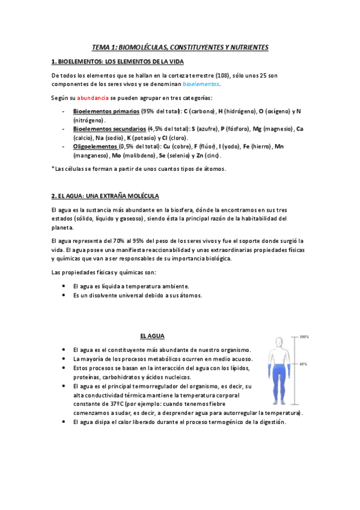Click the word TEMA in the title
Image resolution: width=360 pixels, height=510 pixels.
[100, 47]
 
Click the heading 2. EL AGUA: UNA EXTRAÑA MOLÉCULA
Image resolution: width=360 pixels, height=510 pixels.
[106, 196]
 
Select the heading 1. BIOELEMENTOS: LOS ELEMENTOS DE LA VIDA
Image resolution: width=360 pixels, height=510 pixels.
[118, 61]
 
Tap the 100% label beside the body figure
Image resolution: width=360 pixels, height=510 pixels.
[304, 337]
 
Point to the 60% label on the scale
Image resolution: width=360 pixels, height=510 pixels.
[304, 364]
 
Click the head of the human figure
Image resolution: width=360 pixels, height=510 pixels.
[278, 342]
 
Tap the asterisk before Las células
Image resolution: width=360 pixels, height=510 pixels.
[53, 168]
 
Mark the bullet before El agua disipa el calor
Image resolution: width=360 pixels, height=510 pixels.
[64, 422]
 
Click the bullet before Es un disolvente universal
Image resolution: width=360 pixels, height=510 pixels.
[64, 296]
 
